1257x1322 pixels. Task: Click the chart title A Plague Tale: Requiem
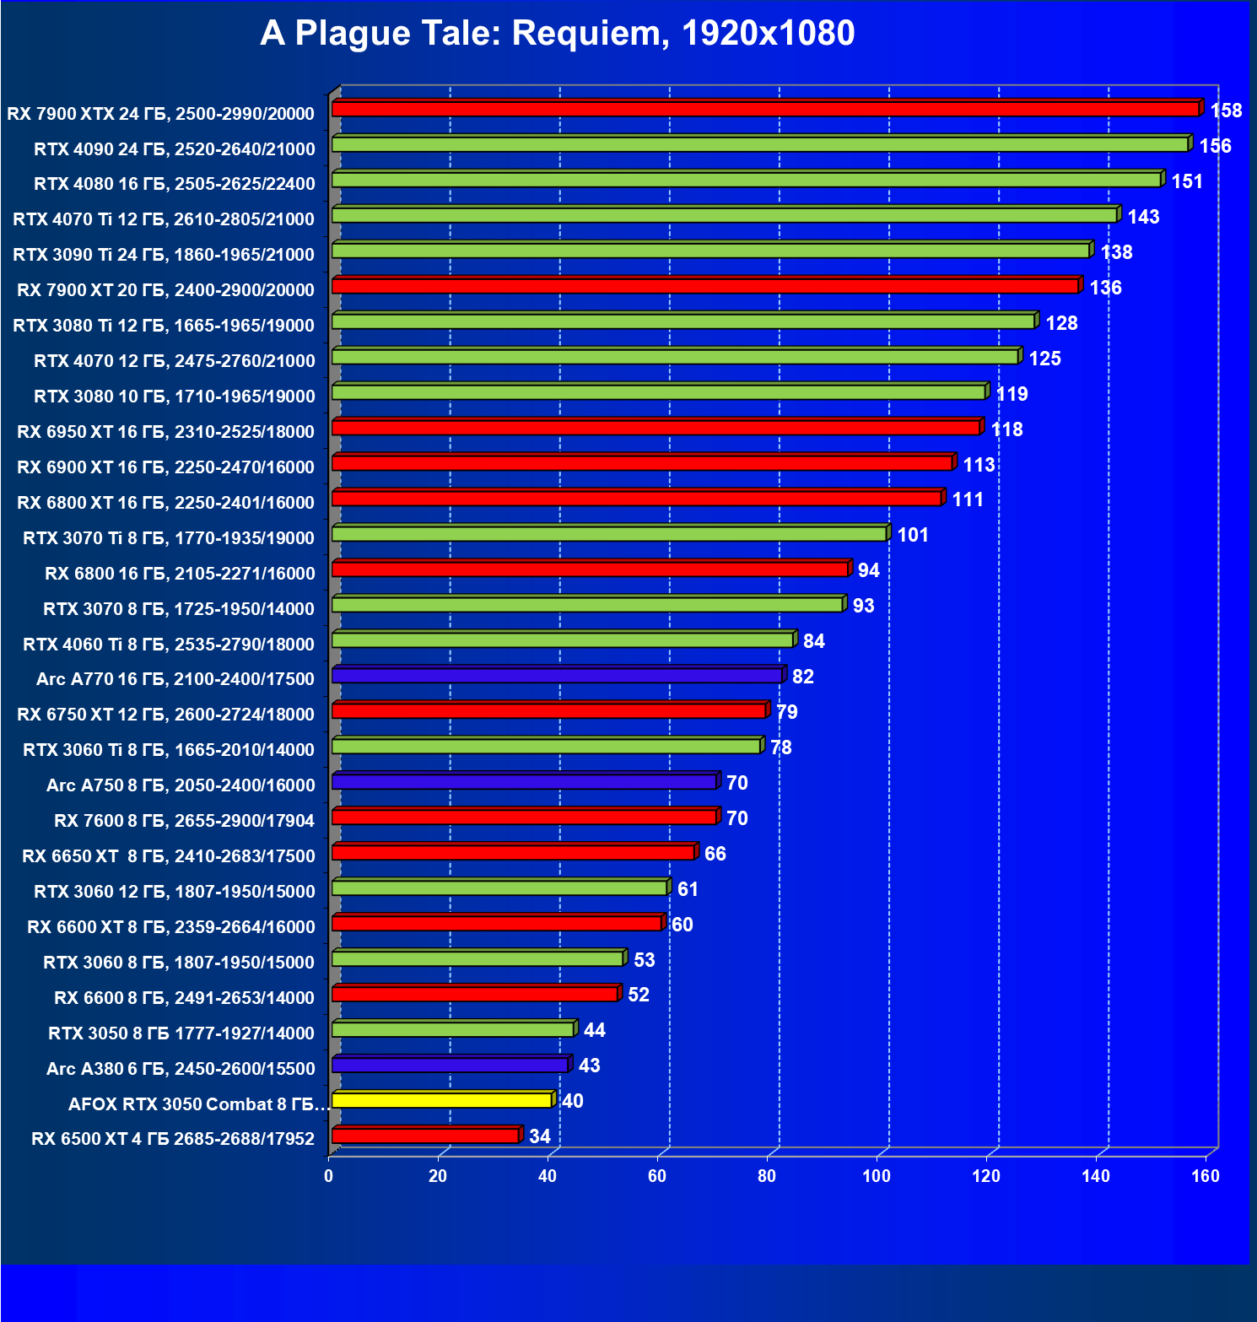(x=557, y=34)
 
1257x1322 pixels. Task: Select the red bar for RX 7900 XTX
(x=765, y=109)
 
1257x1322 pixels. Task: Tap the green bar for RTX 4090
(x=759, y=144)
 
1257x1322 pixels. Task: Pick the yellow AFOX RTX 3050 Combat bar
(x=442, y=1100)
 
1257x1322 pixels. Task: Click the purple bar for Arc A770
(x=557, y=676)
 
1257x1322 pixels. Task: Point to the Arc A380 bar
(x=450, y=1065)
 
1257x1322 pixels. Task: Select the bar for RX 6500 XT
(x=425, y=1136)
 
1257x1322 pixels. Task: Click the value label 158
(x=1226, y=111)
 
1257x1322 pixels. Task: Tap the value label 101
(x=913, y=535)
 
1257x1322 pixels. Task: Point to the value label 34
(x=540, y=1136)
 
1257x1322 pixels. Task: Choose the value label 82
(x=803, y=677)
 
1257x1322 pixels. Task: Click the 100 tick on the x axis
(x=877, y=1176)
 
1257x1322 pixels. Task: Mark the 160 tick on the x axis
(x=1206, y=1176)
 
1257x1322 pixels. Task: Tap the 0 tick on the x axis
(x=329, y=1176)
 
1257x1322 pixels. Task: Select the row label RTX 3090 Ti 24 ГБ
(x=164, y=255)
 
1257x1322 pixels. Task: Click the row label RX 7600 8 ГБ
(x=184, y=821)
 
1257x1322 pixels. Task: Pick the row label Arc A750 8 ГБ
(x=181, y=785)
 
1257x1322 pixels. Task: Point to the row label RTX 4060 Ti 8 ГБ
(x=169, y=645)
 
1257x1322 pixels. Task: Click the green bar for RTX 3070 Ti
(x=609, y=534)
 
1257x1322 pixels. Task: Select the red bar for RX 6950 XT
(x=655, y=428)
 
